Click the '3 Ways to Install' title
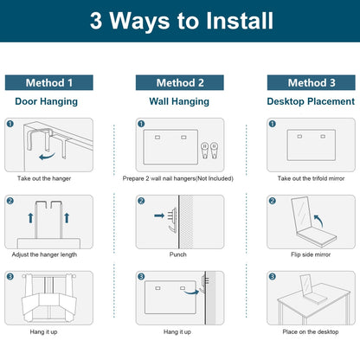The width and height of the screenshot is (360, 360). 182,21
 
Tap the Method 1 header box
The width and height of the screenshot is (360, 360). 49,83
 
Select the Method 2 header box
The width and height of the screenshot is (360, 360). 180,83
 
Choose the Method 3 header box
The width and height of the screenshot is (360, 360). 312,83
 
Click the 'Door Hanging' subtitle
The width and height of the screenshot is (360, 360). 46,101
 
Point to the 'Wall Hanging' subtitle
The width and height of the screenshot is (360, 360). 179,101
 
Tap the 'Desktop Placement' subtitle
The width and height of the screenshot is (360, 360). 311,101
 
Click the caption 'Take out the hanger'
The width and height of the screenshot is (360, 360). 44,178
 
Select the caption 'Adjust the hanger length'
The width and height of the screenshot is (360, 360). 44,254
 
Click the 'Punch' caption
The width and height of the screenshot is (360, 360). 178,254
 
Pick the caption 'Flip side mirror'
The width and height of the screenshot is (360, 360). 311,254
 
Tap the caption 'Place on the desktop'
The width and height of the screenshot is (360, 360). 311,331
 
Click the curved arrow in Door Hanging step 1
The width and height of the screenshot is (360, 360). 46,157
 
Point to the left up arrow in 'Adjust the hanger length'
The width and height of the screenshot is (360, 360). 30,218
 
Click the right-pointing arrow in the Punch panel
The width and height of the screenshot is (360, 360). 159,215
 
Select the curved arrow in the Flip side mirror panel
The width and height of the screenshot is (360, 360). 319,220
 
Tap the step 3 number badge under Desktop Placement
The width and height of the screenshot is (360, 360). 272,277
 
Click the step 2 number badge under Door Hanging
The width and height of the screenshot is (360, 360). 10,201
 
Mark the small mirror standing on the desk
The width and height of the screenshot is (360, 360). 305,285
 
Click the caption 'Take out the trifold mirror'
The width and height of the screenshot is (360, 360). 311,178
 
